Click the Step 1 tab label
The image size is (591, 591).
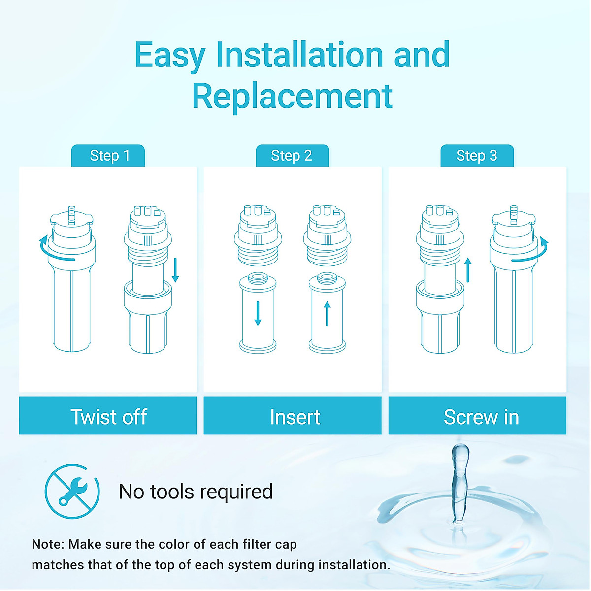(109, 156)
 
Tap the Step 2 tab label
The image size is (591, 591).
(292, 156)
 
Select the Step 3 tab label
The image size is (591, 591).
(477, 156)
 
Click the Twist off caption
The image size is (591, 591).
(108, 417)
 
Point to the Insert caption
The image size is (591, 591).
(295, 417)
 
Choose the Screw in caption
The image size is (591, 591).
(481, 417)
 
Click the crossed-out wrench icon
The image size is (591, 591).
(72, 492)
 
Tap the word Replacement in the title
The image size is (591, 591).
(292, 96)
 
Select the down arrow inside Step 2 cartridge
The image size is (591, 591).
(258, 313)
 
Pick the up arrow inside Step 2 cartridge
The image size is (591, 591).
(327, 313)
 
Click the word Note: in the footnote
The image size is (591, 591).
(48, 544)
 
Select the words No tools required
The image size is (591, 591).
(196, 492)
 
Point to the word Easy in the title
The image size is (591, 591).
(170, 55)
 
